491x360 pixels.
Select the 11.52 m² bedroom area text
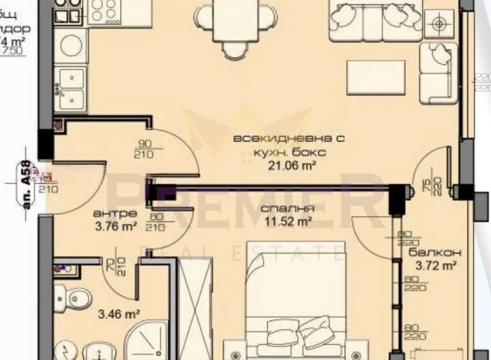(x=288, y=221)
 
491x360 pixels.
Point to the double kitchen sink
(x=70, y=89)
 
